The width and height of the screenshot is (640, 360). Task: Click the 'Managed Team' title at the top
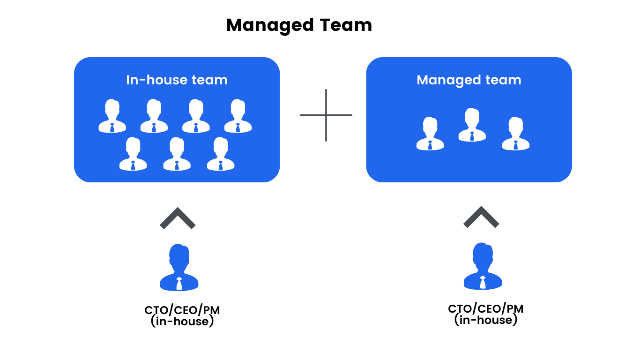pyautogui.click(x=299, y=25)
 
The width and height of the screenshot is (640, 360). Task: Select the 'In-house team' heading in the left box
pyautogui.click(x=177, y=80)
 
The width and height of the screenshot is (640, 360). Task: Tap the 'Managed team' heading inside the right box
pyautogui.click(x=469, y=80)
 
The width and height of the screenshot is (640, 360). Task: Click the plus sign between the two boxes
pyautogui.click(x=326, y=115)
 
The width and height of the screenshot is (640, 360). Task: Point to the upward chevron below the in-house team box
pyautogui.click(x=178, y=218)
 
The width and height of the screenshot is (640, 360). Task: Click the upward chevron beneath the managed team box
pyautogui.click(x=481, y=217)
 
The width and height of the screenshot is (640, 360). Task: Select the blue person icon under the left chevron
pyautogui.click(x=179, y=267)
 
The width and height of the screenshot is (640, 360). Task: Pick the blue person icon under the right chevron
pyautogui.click(x=483, y=266)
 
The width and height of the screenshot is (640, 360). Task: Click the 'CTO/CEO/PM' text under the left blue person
pyautogui.click(x=182, y=310)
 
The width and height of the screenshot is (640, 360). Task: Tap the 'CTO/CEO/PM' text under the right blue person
pyautogui.click(x=485, y=308)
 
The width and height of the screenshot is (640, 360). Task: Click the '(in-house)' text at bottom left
pyautogui.click(x=182, y=322)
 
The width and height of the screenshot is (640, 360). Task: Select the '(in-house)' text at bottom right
pyautogui.click(x=485, y=320)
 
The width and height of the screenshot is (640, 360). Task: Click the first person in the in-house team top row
pyautogui.click(x=112, y=116)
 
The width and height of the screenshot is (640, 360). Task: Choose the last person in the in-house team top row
pyautogui.click(x=238, y=116)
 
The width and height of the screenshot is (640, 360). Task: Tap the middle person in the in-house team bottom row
pyautogui.click(x=177, y=154)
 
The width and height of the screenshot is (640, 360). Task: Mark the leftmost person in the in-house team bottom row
pyautogui.click(x=133, y=154)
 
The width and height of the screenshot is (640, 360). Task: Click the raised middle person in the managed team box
pyautogui.click(x=472, y=125)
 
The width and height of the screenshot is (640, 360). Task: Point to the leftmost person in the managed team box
pyautogui.click(x=430, y=134)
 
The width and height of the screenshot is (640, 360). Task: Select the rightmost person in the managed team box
pyautogui.click(x=515, y=134)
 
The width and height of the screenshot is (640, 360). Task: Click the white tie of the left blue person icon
pyautogui.click(x=179, y=283)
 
